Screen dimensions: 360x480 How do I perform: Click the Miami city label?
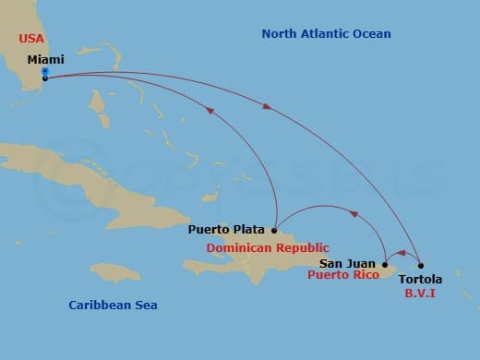click(x=46, y=59)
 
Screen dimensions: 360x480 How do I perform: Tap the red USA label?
click(x=32, y=40)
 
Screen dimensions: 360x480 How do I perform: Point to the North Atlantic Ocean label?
click(x=326, y=34)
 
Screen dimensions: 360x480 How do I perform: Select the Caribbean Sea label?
click(x=114, y=305)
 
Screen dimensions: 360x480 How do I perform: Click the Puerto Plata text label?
click(x=226, y=230)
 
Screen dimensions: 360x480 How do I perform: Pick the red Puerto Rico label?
click(x=344, y=274)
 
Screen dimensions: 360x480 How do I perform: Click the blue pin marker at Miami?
click(x=45, y=73)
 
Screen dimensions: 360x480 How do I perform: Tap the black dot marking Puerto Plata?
click(x=274, y=230)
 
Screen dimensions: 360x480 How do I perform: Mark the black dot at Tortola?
click(x=421, y=267)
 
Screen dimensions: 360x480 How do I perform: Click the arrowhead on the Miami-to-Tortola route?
click(x=268, y=107)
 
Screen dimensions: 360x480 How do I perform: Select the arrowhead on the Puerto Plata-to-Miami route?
click(x=210, y=111)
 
